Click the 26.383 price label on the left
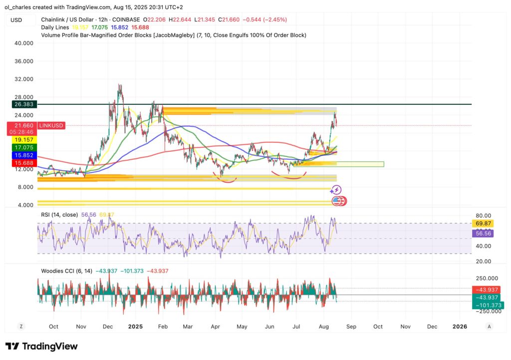pyautogui.click(x=23, y=104)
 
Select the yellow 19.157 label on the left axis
pyautogui.click(x=23, y=140)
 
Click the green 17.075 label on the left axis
pyautogui.click(x=23, y=148)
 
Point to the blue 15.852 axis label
pyautogui.click(x=23, y=155)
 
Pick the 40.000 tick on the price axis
pyautogui.click(x=24, y=43)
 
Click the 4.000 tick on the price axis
pyautogui.click(x=25, y=205)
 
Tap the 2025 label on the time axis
pyautogui.click(x=135, y=327)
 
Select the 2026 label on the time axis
pyautogui.click(x=459, y=327)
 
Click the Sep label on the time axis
pyautogui.click(x=351, y=327)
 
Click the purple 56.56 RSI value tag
pyautogui.click(x=483, y=233)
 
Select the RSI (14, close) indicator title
pyautogui.click(x=59, y=215)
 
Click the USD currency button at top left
pyautogui.click(x=16, y=20)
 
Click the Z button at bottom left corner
pyautogui.click(x=21, y=327)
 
